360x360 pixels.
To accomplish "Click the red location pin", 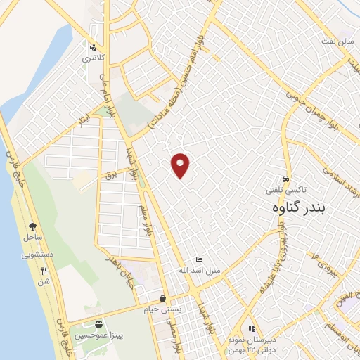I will click(x=181, y=165).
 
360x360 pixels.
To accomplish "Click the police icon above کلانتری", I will click(x=93, y=47).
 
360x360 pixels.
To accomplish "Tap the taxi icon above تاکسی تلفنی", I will click(x=285, y=179).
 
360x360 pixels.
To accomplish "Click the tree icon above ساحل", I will click(x=32, y=226).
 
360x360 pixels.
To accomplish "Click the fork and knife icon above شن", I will click(x=44, y=271).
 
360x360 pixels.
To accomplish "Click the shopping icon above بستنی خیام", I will click(x=162, y=298).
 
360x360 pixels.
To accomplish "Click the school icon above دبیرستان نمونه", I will click(x=252, y=328).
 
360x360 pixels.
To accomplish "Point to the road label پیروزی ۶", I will click(x=325, y=259).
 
